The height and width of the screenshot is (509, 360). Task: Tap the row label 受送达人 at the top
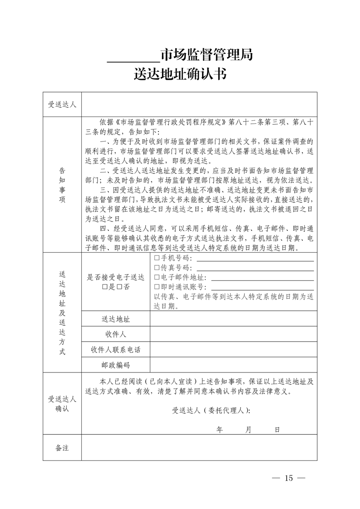[x=62, y=104]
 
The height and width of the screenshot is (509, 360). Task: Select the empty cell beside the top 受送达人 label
[x=199, y=104]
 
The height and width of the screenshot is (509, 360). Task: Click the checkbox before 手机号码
[x=157, y=258]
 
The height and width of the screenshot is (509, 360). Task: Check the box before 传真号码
[x=157, y=268]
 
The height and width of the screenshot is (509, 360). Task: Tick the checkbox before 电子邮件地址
[x=157, y=277]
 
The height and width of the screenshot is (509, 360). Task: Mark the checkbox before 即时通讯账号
[x=157, y=287]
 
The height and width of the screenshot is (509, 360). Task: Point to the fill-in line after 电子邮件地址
[x=262, y=280]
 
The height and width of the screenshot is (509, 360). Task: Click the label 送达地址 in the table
[x=116, y=319]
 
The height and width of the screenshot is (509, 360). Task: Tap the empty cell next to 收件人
[x=233, y=334]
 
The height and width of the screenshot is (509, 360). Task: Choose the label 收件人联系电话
[x=116, y=350]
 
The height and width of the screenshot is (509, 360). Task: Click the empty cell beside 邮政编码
[x=233, y=365]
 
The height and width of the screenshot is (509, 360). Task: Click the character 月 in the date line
[x=248, y=429]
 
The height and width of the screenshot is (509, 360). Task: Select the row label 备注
[x=62, y=448]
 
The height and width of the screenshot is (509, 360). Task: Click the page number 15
[x=289, y=478]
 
